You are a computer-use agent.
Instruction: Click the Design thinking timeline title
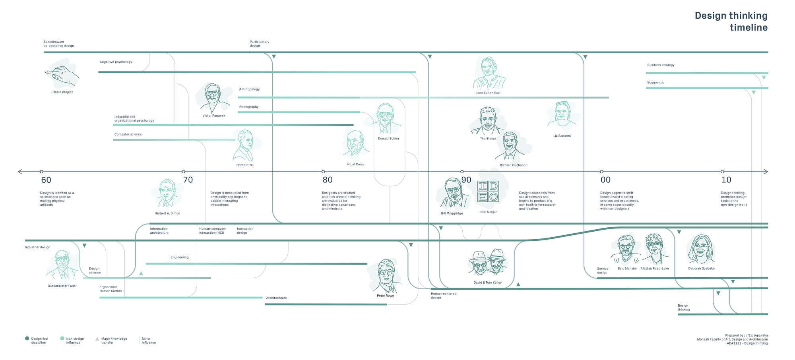click(x=731, y=21)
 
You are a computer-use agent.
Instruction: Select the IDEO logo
click(x=488, y=192)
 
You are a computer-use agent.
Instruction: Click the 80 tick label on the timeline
click(x=327, y=180)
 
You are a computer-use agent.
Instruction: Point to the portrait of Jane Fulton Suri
click(x=489, y=74)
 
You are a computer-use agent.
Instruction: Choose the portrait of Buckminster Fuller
click(x=62, y=265)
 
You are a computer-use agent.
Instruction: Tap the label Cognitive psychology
click(x=116, y=62)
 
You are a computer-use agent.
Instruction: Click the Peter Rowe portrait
click(x=385, y=276)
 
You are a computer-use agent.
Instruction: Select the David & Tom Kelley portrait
click(x=488, y=263)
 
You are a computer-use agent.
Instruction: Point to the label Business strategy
click(x=661, y=65)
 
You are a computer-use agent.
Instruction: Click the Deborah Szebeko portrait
click(x=701, y=250)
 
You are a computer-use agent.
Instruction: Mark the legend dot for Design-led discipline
click(x=27, y=339)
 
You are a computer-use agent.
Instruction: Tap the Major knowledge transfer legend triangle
click(x=97, y=339)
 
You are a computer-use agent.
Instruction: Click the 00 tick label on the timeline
click(x=605, y=180)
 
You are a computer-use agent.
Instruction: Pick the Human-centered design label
click(x=444, y=296)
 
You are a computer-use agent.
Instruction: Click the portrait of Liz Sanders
click(x=561, y=115)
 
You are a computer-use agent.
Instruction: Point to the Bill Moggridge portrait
click(x=452, y=193)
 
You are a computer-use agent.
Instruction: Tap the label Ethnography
click(x=249, y=107)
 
